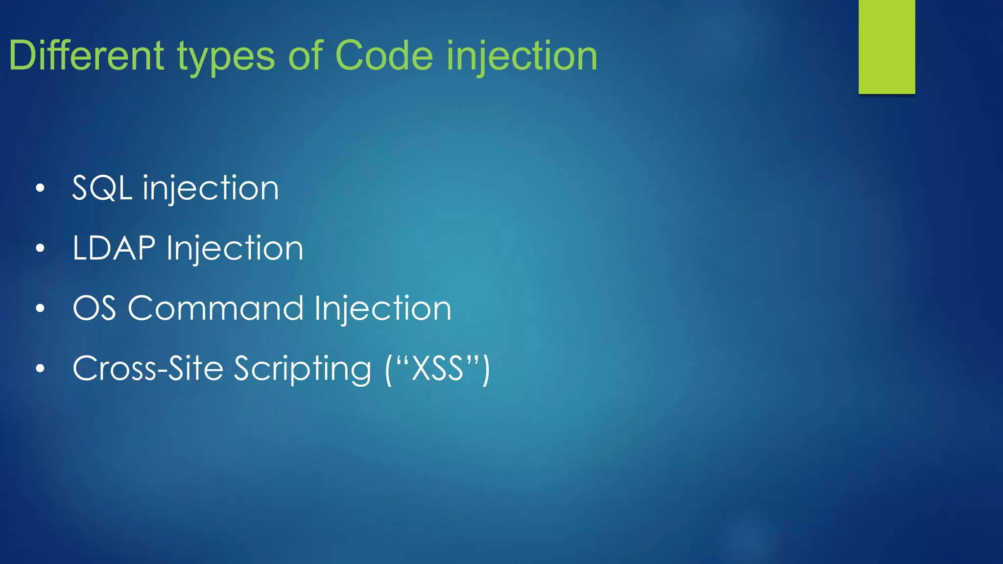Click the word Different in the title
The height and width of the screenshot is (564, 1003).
pyautogui.click(x=86, y=55)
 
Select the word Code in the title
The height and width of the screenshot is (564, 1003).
pyautogui.click(x=384, y=55)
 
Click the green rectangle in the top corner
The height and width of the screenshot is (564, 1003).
pyautogui.click(x=886, y=47)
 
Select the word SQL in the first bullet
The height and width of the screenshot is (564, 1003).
pyautogui.click(x=102, y=188)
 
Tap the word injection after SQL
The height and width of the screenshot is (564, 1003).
pyautogui.click(x=211, y=189)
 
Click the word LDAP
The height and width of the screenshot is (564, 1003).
pyautogui.click(x=114, y=248)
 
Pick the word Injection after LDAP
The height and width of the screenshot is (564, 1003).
pyautogui.click(x=235, y=249)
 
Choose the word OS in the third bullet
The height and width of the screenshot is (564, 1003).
pyautogui.click(x=95, y=308)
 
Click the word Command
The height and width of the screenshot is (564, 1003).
pyautogui.click(x=215, y=308)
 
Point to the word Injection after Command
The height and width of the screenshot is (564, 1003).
pyautogui.click(x=382, y=309)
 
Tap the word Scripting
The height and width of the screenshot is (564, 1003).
pyautogui.click(x=302, y=370)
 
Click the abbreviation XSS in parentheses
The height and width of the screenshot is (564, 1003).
pyautogui.click(x=437, y=369)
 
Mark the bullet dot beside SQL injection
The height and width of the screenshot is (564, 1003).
pyautogui.click(x=40, y=188)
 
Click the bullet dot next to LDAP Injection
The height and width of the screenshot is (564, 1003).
pyautogui.click(x=40, y=248)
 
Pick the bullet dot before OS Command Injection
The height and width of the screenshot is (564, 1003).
pyautogui.click(x=40, y=308)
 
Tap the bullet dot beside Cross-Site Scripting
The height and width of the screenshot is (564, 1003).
pyautogui.click(x=40, y=369)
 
